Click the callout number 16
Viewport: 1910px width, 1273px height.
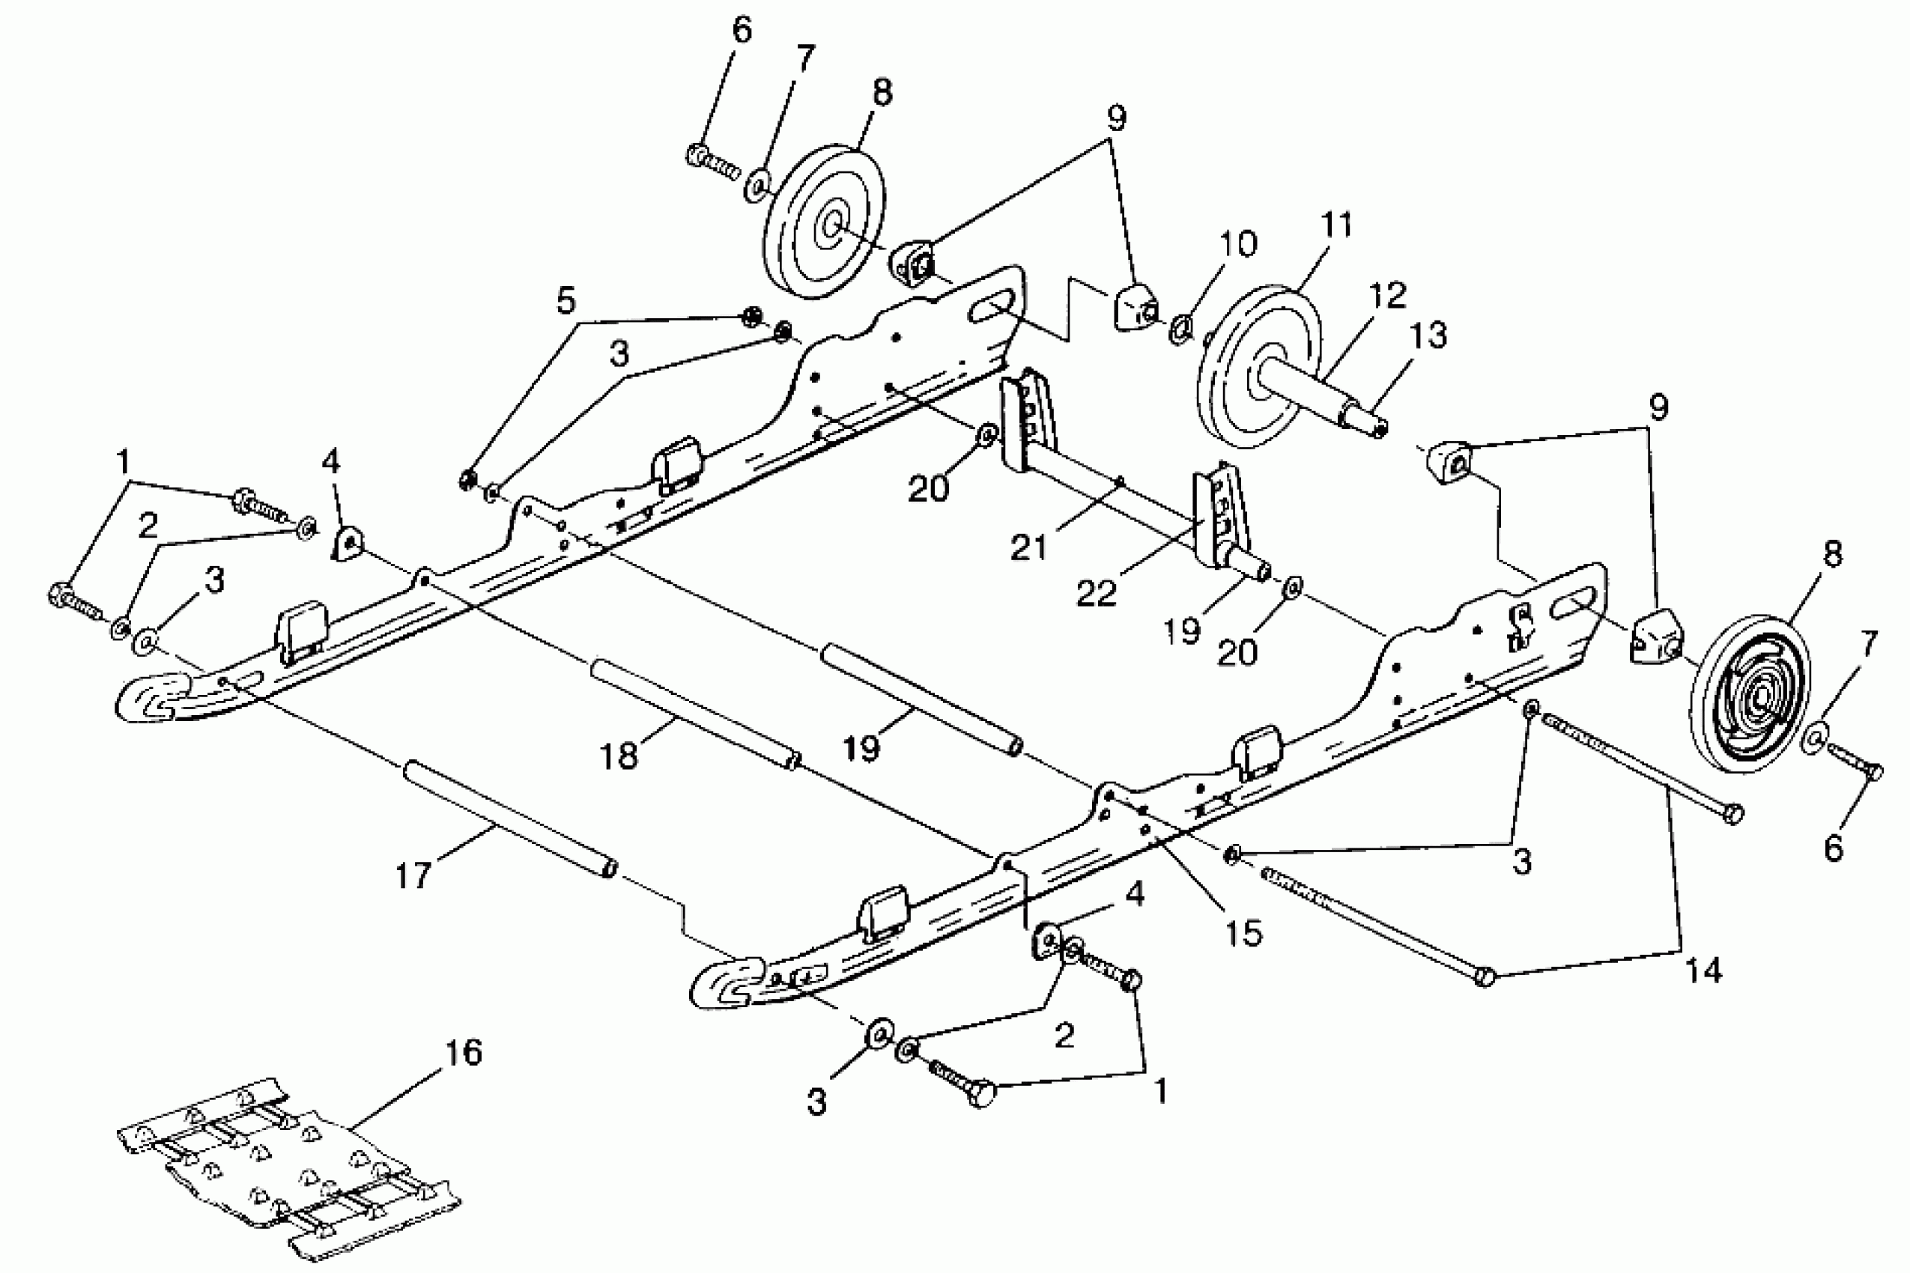point(464,1052)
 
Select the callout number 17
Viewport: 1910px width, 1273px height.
point(413,876)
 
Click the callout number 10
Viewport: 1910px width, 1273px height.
point(1237,243)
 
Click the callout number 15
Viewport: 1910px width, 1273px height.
point(1243,934)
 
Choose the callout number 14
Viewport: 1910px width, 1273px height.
point(1703,970)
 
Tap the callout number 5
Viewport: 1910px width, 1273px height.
point(566,301)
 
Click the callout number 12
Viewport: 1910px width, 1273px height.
point(1387,295)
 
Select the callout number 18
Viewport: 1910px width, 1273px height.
point(619,756)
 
